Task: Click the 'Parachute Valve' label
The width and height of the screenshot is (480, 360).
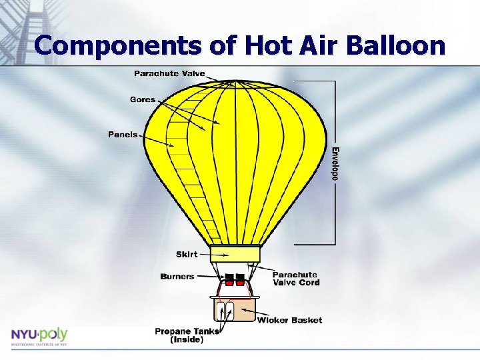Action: click(169, 73)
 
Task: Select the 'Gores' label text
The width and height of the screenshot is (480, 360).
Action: click(143, 99)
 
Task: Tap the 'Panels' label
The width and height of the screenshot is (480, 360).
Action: click(123, 134)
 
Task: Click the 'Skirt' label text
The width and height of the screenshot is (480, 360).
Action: click(187, 254)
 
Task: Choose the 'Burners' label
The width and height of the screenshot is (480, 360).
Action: click(177, 276)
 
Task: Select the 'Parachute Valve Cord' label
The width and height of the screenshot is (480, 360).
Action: click(295, 279)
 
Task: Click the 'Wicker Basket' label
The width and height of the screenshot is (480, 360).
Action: click(289, 320)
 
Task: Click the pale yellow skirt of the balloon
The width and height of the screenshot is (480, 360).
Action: click(235, 254)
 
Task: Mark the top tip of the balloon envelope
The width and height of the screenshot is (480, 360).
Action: click(235, 81)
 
